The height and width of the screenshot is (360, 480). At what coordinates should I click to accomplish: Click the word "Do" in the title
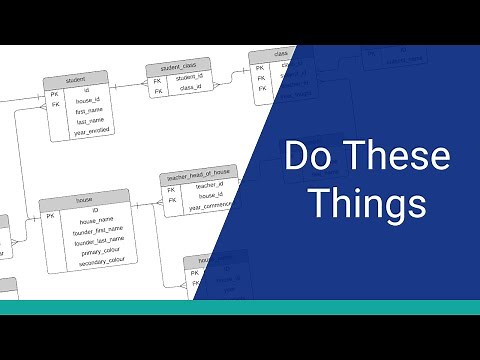click(304, 158)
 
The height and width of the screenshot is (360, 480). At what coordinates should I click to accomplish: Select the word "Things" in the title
click(367, 203)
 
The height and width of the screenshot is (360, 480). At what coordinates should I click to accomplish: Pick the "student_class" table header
click(179, 66)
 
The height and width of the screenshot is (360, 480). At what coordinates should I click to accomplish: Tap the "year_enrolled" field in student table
click(91, 130)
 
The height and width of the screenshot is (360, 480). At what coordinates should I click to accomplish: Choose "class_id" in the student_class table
click(190, 88)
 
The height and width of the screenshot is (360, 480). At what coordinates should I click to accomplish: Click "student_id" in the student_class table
click(190, 76)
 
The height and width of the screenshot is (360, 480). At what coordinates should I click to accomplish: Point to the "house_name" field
click(96, 221)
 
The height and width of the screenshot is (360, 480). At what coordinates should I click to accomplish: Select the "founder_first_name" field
click(96, 231)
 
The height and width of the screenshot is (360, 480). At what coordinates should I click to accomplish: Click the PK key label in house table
click(49, 214)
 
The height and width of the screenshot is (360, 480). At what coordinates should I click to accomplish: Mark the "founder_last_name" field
click(96, 241)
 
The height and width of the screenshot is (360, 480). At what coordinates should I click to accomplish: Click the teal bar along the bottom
click(240, 307)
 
